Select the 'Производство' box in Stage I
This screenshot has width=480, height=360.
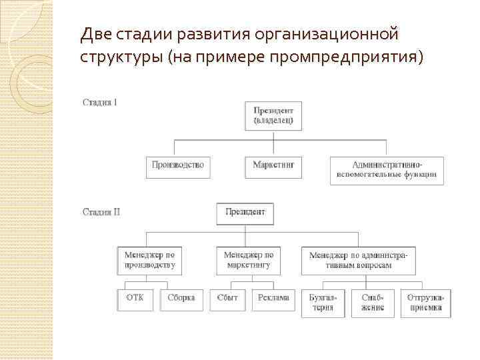tap(177, 165)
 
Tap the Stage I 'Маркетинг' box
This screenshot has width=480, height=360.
tap(273, 165)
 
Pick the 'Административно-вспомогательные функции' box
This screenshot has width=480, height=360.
tap(387, 170)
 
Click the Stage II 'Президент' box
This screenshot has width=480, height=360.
tap(245, 213)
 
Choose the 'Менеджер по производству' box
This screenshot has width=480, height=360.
tap(149, 260)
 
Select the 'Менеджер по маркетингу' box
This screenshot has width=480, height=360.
tap(247, 260)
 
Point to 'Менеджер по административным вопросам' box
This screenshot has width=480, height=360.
tap(359, 260)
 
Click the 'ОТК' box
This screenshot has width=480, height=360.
tap(135, 299)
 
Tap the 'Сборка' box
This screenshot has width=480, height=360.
tap(181, 299)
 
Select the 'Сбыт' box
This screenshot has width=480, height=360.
tap(227, 299)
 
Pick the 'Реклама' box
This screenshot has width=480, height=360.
tap(273, 299)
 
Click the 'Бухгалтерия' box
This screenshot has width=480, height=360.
tap(323, 303)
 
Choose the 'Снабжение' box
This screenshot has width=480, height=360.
tap(373, 303)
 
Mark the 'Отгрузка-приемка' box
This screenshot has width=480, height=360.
tap(425, 303)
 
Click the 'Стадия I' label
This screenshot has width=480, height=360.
tap(100, 103)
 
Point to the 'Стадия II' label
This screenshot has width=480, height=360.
tap(101, 213)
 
